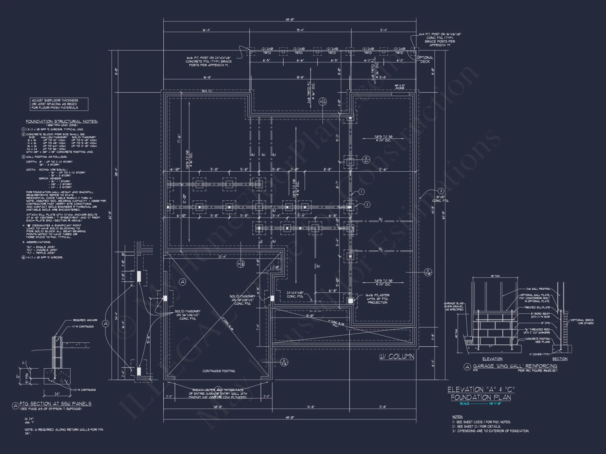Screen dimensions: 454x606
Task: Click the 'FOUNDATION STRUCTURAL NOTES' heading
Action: point(62,121)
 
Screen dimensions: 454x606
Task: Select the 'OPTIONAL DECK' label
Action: point(425,59)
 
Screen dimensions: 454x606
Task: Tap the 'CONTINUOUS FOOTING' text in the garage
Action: point(218,371)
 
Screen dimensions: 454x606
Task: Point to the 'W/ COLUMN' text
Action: point(397,357)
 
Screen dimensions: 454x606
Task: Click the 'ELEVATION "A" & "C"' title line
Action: point(481,390)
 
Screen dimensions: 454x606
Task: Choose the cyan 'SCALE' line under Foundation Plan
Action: point(481,403)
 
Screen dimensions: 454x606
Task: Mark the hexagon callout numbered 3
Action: point(441,191)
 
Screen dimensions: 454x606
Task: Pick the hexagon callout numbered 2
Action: point(367,205)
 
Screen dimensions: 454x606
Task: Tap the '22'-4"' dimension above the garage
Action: point(222,257)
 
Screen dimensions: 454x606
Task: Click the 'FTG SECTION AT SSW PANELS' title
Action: point(55,404)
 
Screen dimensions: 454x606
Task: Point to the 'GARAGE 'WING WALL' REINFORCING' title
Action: point(515,366)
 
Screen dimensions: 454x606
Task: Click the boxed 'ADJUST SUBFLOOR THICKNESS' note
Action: point(59,104)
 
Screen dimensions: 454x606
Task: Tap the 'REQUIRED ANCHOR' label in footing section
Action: point(85,320)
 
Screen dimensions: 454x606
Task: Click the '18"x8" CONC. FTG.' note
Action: point(440,199)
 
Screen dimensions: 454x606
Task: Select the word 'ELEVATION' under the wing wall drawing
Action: point(492,359)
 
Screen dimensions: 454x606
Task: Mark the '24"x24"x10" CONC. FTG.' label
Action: point(295,294)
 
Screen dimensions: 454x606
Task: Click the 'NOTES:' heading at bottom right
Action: point(457,417)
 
